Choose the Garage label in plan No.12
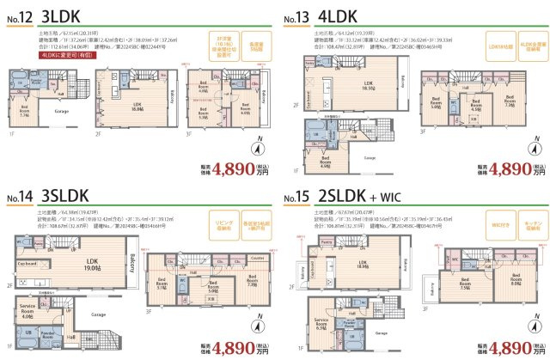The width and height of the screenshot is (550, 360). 61,111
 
